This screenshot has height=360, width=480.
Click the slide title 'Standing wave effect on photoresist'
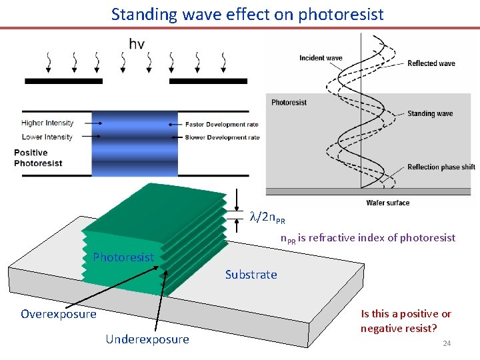247,14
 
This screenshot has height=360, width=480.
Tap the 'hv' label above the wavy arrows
137,44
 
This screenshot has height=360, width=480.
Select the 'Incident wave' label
321,58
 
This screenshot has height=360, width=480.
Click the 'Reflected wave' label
431,63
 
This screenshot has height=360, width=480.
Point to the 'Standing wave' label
430,114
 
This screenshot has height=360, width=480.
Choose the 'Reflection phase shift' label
441,167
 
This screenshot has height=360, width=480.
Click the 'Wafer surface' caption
388,203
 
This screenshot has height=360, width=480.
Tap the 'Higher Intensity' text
47,123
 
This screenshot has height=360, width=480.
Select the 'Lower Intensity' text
47,137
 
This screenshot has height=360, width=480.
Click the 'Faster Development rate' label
222,125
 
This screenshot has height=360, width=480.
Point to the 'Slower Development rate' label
223,137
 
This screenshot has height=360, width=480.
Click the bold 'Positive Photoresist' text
38,158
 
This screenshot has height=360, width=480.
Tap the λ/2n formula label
267,218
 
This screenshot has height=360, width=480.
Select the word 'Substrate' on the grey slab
251,275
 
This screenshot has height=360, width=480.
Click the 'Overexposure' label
59,314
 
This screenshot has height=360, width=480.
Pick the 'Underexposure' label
147,339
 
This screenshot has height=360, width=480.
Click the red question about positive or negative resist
406,321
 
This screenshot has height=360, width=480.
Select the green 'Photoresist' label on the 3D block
123,257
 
